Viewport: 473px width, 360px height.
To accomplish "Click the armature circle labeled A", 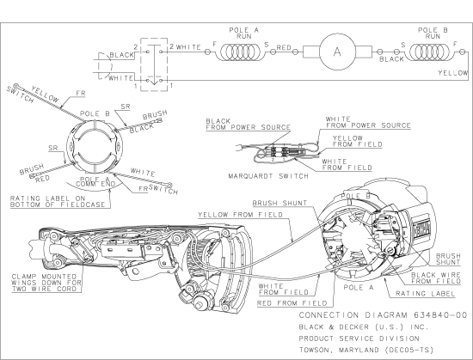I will click(337, 51).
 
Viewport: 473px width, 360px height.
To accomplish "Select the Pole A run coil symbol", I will click(240, 51).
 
